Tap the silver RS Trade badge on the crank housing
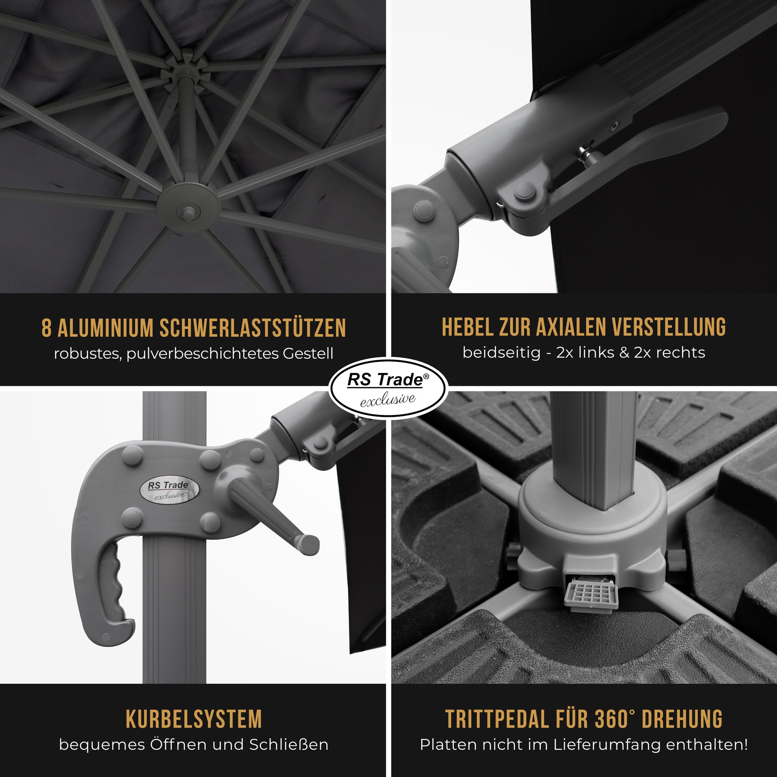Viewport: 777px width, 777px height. click(169, 490)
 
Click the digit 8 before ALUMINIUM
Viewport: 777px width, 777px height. click(47, 328)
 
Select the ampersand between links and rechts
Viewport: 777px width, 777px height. click(624, 353)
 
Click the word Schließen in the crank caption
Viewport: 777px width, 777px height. click(289, 745)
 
